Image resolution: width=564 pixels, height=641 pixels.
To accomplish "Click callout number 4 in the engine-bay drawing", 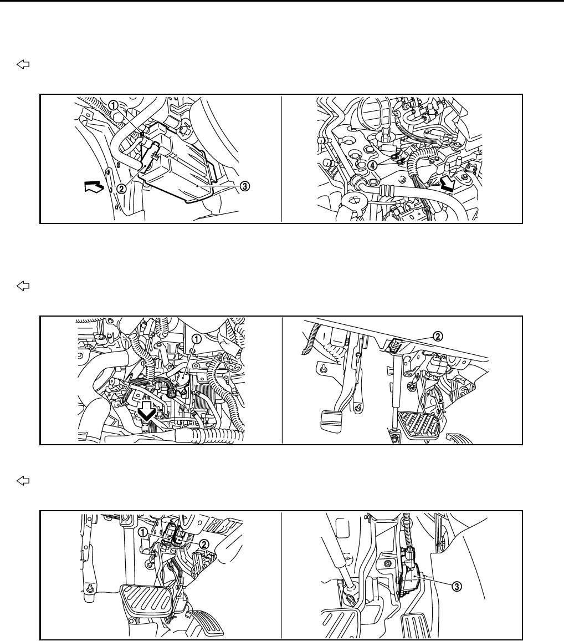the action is [x=372, y=165].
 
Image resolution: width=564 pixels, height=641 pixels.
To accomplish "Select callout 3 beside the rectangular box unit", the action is [x=244, y=186].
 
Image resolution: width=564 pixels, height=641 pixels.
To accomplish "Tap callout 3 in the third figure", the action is [x=457, y=586].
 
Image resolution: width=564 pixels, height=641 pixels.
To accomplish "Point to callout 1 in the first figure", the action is [x=113, y=105].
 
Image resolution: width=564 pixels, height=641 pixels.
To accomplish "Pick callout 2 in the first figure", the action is [x=121, y=189].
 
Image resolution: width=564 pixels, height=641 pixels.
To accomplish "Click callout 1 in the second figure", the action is [x=197, y=339].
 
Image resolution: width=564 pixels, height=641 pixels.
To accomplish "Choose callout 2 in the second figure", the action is [x=437, y=337].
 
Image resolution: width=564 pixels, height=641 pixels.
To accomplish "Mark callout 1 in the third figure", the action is [x=142, y=532].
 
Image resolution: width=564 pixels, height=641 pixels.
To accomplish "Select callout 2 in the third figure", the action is [x=204, y=543].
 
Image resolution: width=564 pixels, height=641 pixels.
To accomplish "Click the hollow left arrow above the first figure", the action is [x=23, y=64].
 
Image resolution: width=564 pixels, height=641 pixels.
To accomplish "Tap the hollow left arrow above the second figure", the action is [x=23, y=286].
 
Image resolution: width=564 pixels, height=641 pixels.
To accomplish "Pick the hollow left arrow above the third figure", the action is [x=23, y=481].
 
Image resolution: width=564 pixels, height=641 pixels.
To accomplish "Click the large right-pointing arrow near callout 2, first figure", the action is [x=94, y=187].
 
